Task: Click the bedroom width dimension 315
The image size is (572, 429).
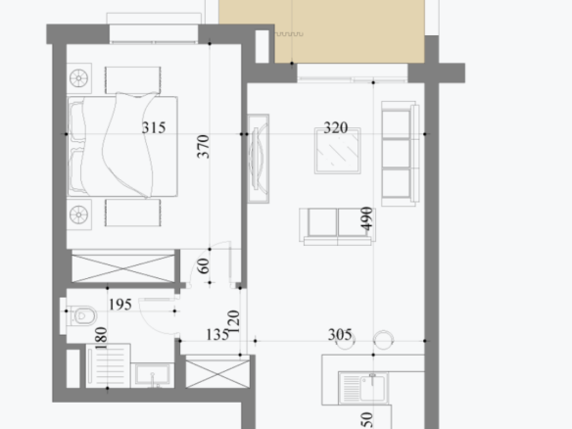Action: click(x=154, y=127)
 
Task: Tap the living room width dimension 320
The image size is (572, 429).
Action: click(x=336, y=127)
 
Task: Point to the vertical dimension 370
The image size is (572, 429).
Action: click(x=203, y=147)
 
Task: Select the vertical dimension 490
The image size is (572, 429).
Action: click(x=366, y=218)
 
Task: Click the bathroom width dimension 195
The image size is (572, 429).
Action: click(x=120, y=305)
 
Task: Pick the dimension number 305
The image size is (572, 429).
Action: click(x=340, y=335)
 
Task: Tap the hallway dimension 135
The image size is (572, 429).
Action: click(x=217, y=335)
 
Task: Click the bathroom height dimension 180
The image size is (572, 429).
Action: click(x=101, y=338)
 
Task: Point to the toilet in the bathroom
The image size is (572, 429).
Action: click(x=83, y=315)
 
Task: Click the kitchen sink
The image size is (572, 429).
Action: click(x=363, y=388)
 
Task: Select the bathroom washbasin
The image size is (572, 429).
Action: click(x=152, y=375)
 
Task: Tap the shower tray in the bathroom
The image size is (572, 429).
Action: click(x=108, y=365)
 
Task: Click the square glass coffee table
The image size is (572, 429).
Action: click(x=338, y=151)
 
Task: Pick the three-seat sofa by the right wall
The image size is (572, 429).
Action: click(x=401, y=154)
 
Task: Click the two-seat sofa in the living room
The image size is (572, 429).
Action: click(x=338, y=226)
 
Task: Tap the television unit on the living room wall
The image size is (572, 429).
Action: click(x=259, y=159)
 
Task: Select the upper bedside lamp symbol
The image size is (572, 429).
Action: click(x=78, y=78)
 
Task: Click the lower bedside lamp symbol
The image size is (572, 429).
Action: click(x=78, y=214)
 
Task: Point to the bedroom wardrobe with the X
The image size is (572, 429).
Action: click(x=123, y=268)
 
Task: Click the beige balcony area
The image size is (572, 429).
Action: click(x=350, y=31)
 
